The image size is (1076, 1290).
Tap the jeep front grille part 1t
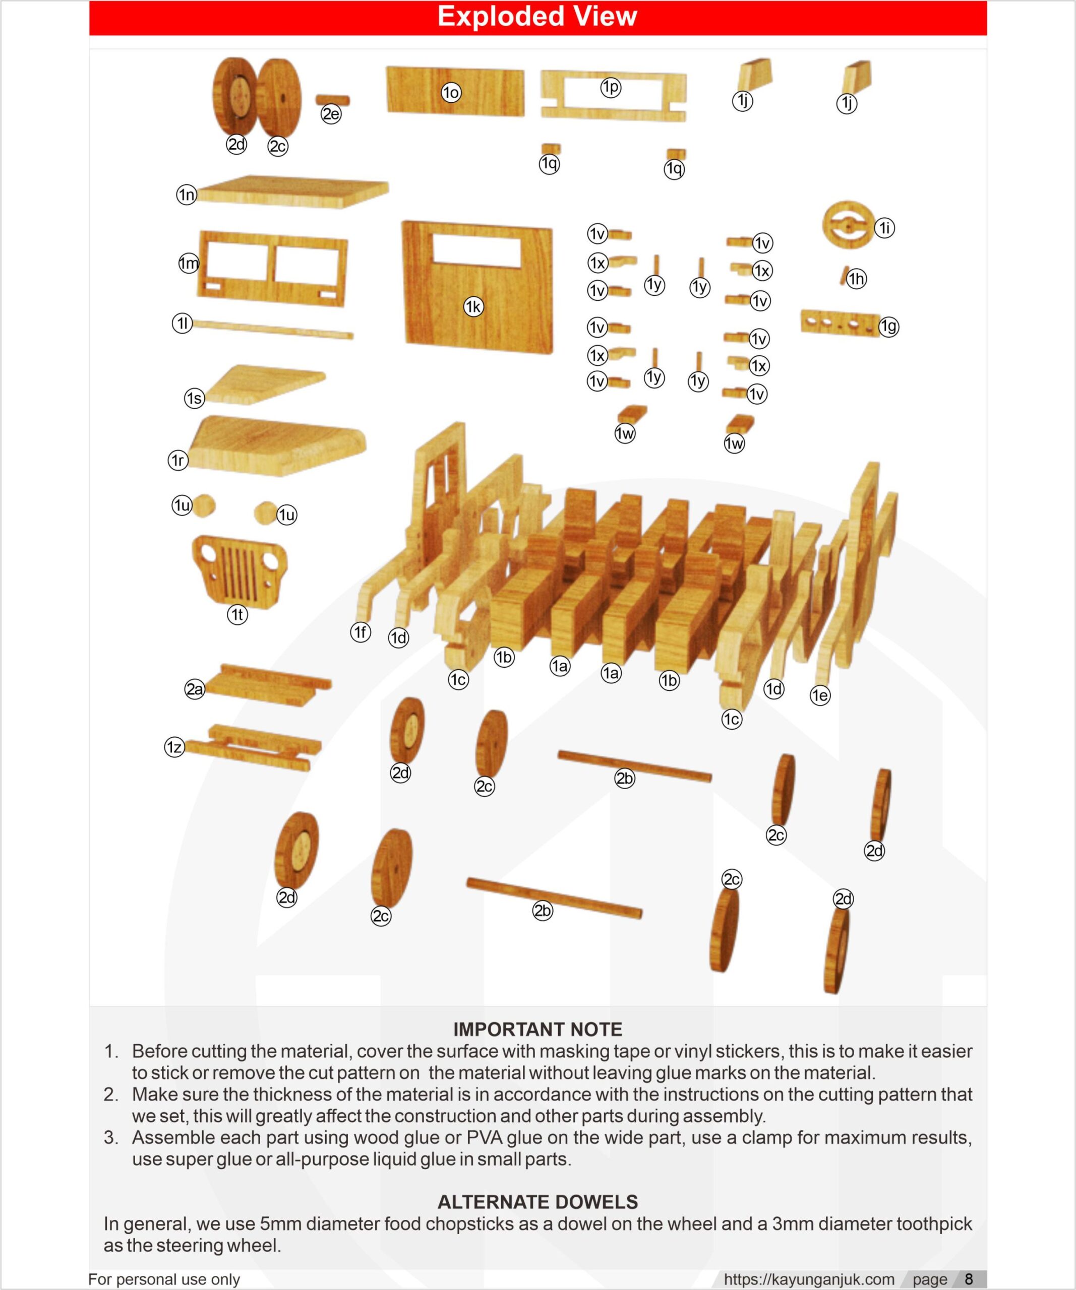[240, 570]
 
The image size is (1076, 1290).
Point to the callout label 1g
[888, 326]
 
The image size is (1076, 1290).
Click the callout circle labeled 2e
[331, 114]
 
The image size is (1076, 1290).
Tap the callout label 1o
[451, 93]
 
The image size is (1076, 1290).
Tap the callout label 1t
[237, 614]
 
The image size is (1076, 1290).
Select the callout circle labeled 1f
[361, 631]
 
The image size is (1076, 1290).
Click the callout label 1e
[820, 695]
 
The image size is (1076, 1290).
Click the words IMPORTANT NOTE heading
[537, 1029]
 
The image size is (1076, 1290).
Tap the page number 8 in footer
[969, 1279]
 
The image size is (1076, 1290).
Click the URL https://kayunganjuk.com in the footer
[809, 1279]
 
